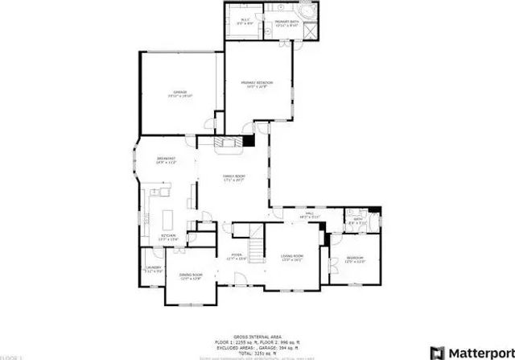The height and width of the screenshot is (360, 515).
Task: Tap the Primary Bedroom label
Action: (257, 83)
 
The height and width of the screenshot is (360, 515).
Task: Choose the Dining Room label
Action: (191, 276)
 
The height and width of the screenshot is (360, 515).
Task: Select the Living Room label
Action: (292, 258)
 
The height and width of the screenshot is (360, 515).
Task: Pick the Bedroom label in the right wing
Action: (355, 259)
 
